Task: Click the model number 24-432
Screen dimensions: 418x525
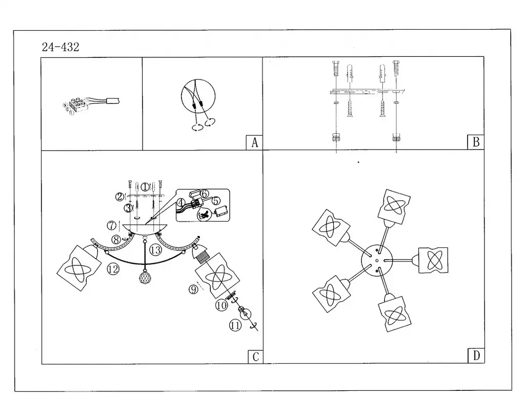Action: coord(60,47)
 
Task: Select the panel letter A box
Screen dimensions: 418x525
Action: coord(254,142)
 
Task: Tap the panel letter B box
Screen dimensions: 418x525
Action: coord(476,142)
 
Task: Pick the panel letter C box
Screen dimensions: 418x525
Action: coord(255,357)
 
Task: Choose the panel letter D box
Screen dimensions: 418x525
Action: coord(476,356)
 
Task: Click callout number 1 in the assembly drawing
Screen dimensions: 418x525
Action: coord(145,187)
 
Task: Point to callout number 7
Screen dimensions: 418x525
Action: coord(111,225)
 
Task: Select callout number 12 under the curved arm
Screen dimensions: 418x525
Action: coord(113,268)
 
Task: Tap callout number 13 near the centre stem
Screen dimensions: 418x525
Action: coord(156,250)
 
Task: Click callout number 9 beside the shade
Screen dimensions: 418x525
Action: coord(193,289)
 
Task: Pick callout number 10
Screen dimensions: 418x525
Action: coord(221,306)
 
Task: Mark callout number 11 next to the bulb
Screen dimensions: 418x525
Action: coord(235,324)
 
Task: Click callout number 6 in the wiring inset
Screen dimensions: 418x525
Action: coord(204,194)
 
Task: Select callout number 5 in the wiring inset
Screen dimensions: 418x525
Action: coord(216,200)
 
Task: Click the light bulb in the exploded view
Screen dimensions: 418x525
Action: coord(245,313)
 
